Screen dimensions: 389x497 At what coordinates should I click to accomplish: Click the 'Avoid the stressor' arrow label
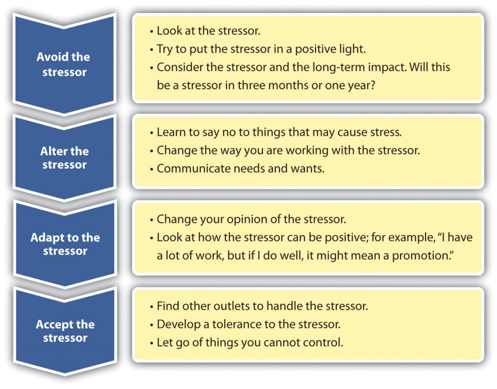[63, 65]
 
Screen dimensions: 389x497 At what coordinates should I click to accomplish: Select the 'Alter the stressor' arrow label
[65, 158]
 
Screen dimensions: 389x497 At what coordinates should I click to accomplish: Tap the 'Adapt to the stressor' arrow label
[65, 244]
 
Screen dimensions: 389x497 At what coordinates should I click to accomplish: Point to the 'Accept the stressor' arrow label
[65, 331]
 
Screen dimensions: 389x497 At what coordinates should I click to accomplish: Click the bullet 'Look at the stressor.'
[208, 31]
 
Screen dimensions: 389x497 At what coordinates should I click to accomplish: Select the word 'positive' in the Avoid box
[305, 49]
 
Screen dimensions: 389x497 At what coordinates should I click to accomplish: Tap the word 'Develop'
[176, 324]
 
